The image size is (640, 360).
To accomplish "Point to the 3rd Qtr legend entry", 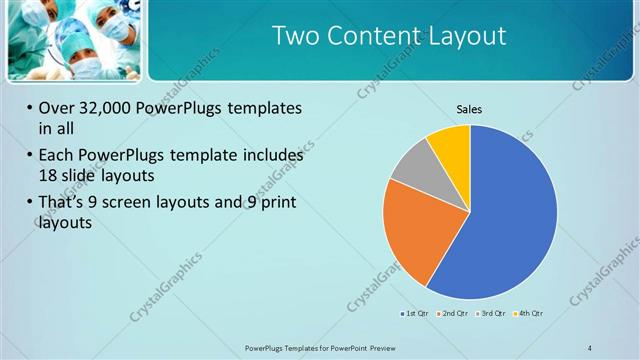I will tap(491, 314).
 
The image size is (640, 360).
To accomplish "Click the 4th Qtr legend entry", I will tap(529, 314).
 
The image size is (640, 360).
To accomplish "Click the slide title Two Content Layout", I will tap(389, 37).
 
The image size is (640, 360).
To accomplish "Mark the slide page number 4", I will tap(589, 347).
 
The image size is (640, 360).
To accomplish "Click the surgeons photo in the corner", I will tap(74, 40).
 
